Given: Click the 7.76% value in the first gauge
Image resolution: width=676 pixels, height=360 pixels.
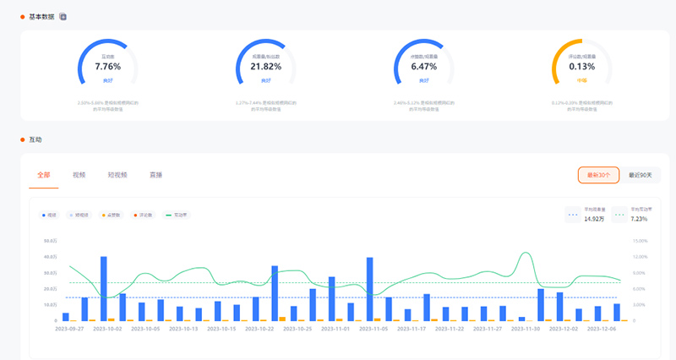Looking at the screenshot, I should click(107, 65).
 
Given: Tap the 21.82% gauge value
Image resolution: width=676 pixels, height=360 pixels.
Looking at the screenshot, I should click(265, 65).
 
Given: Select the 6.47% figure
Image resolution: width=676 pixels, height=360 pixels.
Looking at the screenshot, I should click(424, 65).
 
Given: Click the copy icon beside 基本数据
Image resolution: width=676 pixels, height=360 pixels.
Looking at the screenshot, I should click(63, 16).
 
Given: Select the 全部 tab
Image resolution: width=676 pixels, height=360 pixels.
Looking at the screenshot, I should click(44, 175).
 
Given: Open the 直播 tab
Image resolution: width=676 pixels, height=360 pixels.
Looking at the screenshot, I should click(156, 175).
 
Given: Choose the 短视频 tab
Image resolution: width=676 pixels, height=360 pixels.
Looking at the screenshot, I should click(117, 175).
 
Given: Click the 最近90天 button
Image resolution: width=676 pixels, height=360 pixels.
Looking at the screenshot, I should click(641, 175).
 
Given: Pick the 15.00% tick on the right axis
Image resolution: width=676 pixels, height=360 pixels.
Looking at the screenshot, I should click(640, 241).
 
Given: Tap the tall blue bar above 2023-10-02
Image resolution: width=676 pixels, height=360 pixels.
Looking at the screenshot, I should click(104, 288).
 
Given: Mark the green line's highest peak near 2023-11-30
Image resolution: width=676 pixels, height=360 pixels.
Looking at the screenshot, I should click(527, 253).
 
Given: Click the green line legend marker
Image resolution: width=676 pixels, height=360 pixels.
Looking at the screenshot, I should click(168, 215).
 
